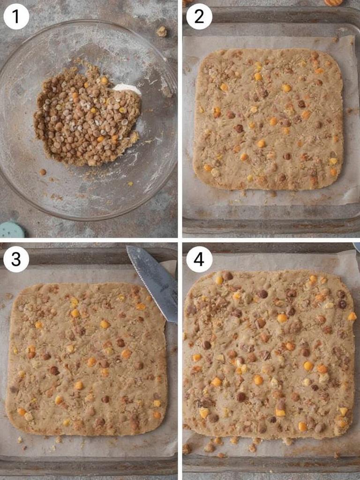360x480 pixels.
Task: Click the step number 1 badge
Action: (x=16, y=16)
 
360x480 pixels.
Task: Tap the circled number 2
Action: (x=199, y=16)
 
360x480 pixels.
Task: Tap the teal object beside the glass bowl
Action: (x=12, y=230)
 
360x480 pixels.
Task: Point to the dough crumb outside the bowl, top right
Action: (x=162, y=31)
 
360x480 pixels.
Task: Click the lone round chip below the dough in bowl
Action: (x=43, y=172)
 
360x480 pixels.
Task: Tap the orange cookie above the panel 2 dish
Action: (x=333, y=2)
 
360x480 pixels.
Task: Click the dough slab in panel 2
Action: (x=268, y=120)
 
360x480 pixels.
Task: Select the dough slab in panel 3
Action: (x=87, y=359)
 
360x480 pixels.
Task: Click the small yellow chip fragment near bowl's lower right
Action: (x=130, y=184)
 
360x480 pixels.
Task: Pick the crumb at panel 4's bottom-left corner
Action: (x=187, y=449)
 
